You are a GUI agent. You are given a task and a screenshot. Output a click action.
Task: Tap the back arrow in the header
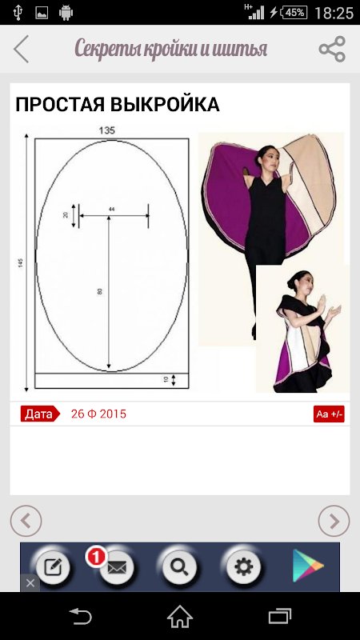click(x=22, y=49)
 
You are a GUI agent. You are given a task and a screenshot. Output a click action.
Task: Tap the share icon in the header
click(x=332, y=49)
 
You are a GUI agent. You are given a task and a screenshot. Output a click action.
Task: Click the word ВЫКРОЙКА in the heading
click(x=166, y=105)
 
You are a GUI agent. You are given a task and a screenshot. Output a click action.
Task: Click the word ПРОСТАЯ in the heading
click(x=61, y=105)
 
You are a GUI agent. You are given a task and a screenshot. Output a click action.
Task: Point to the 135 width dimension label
click(x=107, y=130)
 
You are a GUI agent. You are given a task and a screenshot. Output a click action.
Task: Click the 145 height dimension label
click(x=21, y=263)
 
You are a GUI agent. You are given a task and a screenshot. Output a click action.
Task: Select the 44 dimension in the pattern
click(x=111, y=209)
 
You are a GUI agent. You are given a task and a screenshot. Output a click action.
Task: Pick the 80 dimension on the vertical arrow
click(x=99, y=291)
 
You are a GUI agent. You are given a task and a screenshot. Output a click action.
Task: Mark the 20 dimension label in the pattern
click(x=66, y=214)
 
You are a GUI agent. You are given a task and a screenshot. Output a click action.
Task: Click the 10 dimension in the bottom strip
click(x=166, y=379)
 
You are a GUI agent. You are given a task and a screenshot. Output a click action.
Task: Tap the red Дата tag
click(x=40, y=414)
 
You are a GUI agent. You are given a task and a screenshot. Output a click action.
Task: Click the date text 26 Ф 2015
click(x=98, y=414)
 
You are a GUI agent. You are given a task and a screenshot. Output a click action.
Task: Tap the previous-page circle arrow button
click(x=26, y=521)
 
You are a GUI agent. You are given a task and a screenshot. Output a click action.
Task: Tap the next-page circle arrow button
click(x=334, y=521)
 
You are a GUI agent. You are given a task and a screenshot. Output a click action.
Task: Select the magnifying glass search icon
click(x=179, y=567)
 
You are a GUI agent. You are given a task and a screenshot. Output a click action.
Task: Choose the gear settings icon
click(x=244, y=567)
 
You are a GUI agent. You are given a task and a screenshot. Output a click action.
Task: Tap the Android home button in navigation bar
click(x=180, y=616)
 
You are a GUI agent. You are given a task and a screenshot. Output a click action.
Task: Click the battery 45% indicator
click(x=294, y=13)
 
